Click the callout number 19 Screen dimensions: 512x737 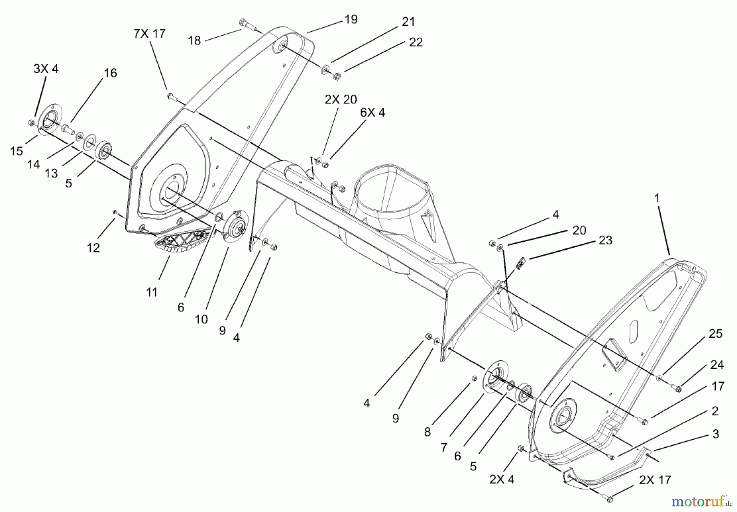351,19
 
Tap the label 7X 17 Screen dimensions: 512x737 149,34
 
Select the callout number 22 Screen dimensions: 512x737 416,42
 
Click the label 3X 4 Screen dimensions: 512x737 46,69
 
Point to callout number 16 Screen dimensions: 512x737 110,73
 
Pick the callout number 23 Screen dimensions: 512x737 605,240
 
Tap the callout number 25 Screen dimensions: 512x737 715,334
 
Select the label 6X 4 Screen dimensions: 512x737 373,113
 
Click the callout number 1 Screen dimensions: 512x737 657,198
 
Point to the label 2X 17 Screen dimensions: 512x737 655,480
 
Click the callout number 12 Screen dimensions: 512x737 93,248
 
